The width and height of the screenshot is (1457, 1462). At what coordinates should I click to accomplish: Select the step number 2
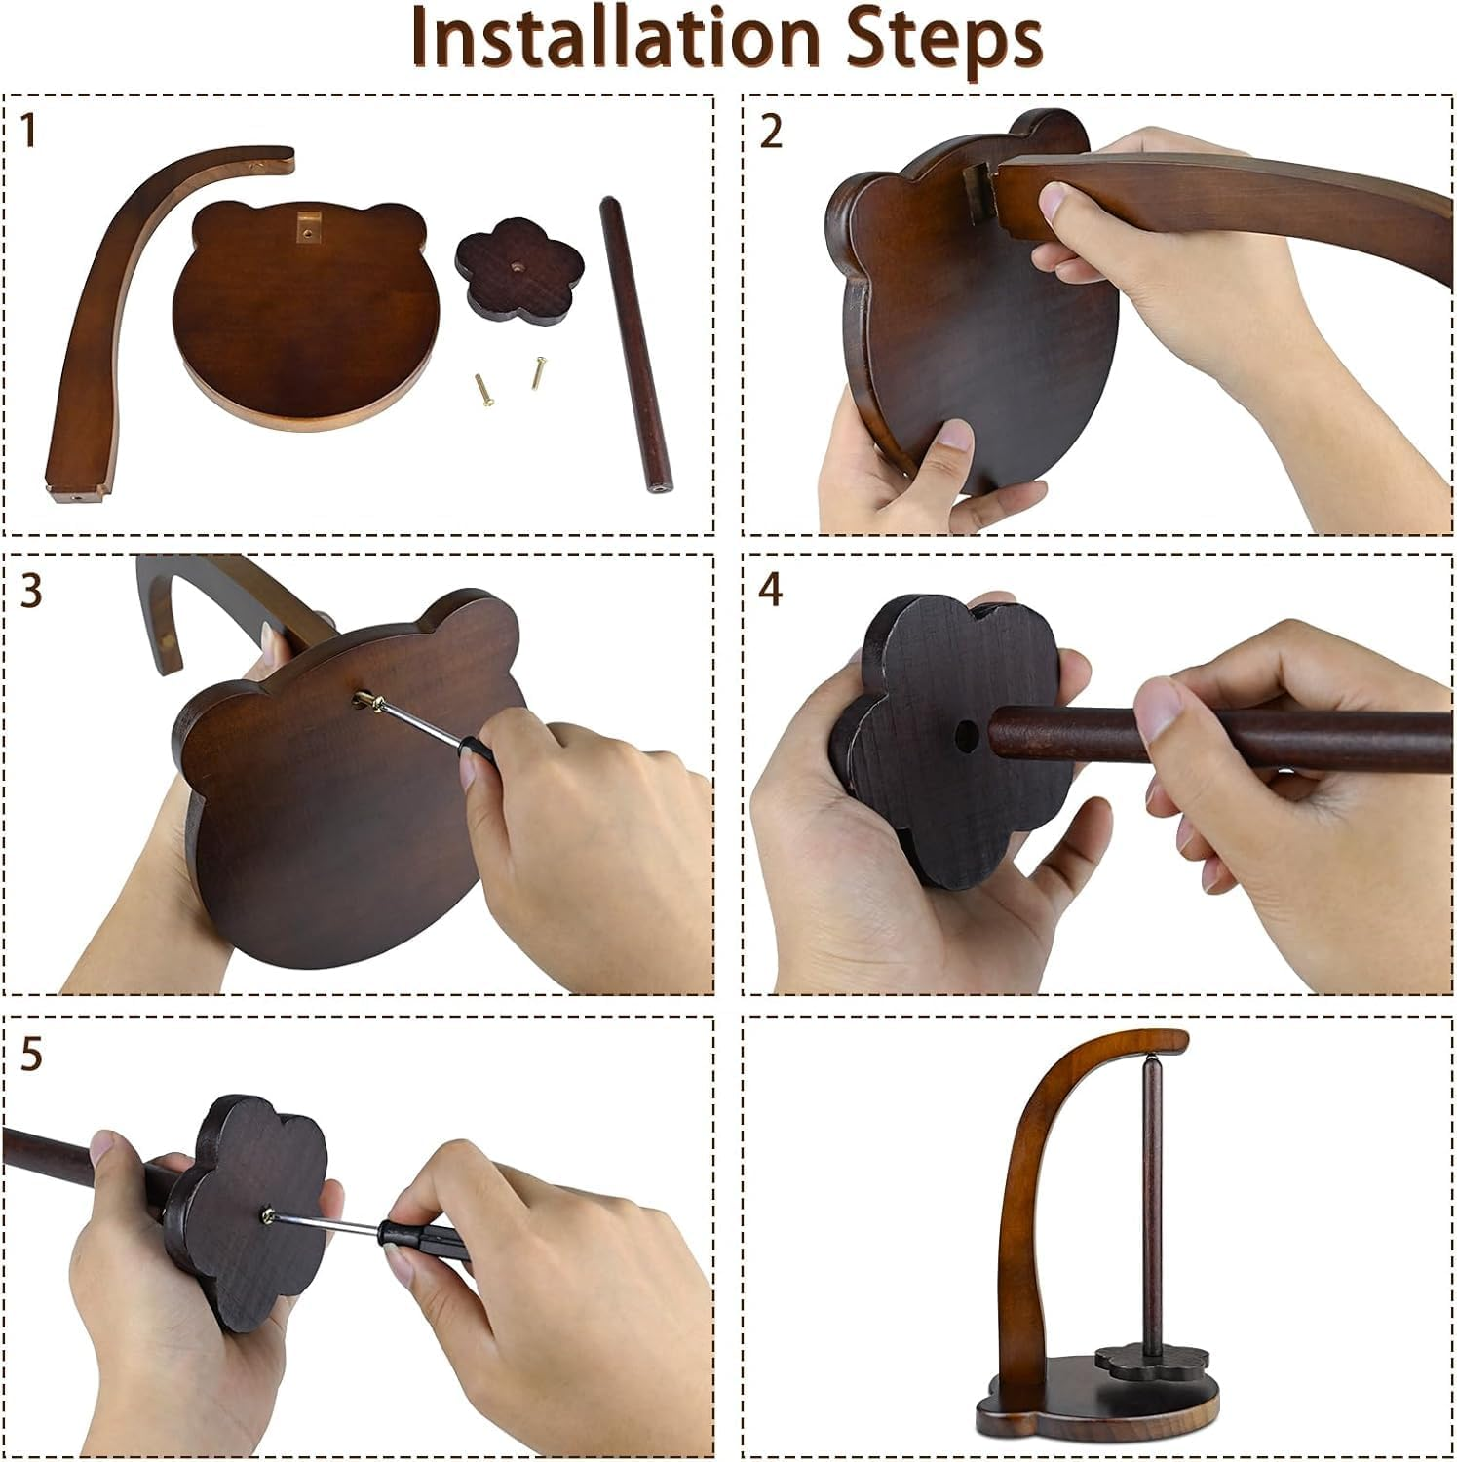click(x=771, y=132)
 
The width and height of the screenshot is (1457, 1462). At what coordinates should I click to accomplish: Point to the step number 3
click(x=31, y=592)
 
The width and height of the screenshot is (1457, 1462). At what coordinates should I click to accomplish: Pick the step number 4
click(x=771, y=591)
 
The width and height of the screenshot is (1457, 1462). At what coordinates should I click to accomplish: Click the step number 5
click(x=31, y=1056)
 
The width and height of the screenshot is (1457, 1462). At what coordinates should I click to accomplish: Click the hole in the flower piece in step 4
click(x=966, y=732)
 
